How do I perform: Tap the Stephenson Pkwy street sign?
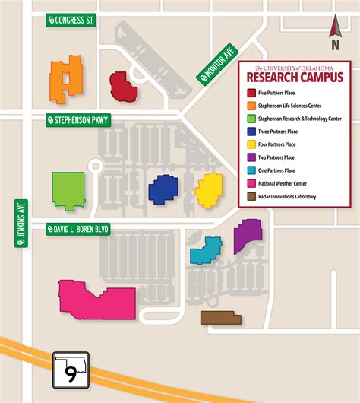coord(78,120)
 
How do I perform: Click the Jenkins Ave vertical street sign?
coord(20,223)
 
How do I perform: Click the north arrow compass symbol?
coord(333,29)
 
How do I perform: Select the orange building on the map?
coord(66,78)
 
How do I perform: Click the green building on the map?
coord(68,190)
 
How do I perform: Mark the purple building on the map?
coord(247,235)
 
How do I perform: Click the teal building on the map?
coord(205,251)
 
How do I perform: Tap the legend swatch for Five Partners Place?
coord(251,93)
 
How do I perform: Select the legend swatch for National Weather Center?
coord(251,183)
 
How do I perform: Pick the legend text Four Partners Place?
coord(288,144)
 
